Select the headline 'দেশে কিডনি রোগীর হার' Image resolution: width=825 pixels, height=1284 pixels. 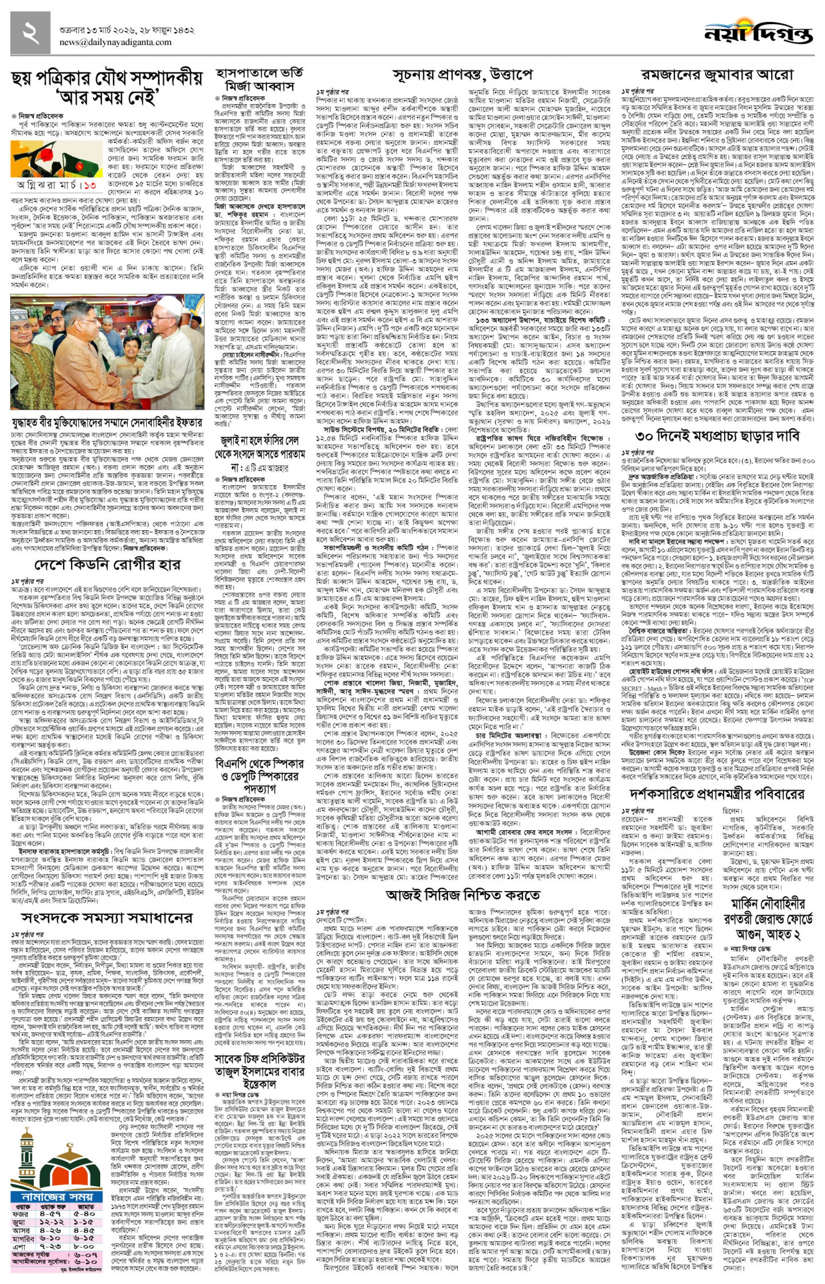(x=107, y=564)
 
